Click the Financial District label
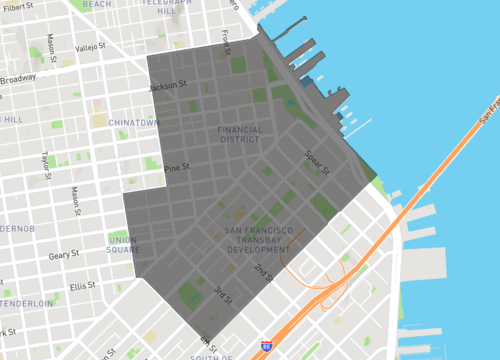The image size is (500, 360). click(239, 134)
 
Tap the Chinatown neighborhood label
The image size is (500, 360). click(133, 122)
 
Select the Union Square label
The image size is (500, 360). click(123, 244)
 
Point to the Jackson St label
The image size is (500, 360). click(168, 87)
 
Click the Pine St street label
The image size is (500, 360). click(177, 167)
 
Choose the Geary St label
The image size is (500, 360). click(62, 255)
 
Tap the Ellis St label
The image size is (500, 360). click(83, 286)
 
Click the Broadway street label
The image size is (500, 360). click(17, 79)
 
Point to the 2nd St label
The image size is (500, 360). click(262, 271)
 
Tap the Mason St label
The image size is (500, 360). click(52, 44)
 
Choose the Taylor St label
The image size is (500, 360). click(46, 161)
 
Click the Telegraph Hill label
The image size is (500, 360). click(166, 7)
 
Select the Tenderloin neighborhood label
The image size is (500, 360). click(25, 303)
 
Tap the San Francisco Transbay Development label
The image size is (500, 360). click(259, 239)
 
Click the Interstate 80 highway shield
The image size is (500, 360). click(266, 346)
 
